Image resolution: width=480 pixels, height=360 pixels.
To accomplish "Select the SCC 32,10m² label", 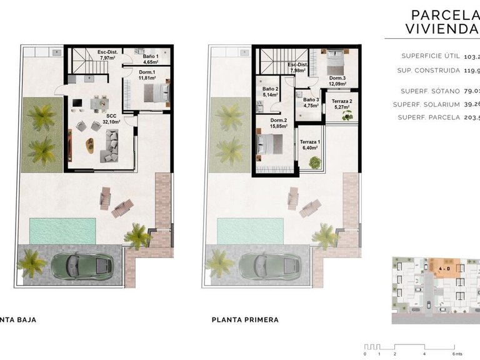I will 111,119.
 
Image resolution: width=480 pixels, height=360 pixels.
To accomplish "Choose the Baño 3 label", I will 311,102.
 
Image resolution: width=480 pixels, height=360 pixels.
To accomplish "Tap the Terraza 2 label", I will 342,104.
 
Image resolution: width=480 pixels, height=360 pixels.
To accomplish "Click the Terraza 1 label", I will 310,144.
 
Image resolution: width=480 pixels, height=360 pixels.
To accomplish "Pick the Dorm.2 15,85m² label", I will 278,123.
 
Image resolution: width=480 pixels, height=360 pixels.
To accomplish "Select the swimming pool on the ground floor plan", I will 62,231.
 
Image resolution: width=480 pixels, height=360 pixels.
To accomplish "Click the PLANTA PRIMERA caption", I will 245,320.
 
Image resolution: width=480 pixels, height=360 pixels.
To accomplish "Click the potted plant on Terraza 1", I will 316,162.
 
